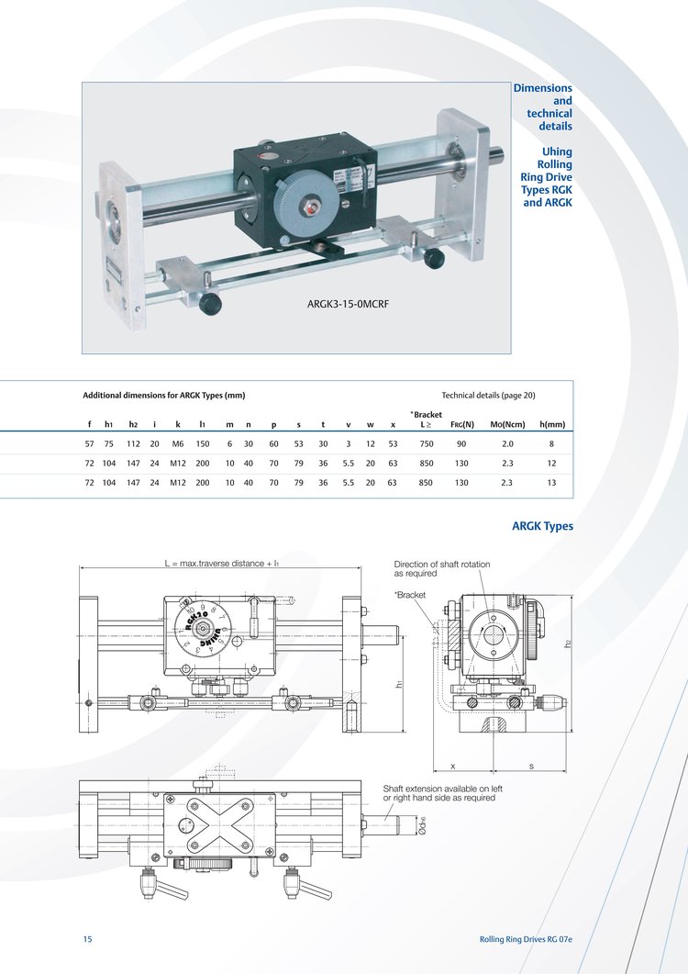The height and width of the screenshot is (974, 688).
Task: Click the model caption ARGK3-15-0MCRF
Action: click(348, 305)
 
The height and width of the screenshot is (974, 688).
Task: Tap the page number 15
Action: click(87, 938)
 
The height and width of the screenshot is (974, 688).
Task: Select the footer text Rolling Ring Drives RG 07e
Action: click(526, 939)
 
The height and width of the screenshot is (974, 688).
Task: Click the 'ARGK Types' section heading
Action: click(542, 526)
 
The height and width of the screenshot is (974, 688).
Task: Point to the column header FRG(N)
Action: click(462, 425)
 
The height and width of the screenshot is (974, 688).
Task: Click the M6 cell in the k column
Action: click(178, 444)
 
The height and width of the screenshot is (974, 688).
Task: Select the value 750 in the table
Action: click(426, 444)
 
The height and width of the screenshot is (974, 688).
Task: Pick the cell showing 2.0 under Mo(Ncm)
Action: click(507, 444)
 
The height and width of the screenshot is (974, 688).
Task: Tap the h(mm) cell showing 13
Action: click(551, 483)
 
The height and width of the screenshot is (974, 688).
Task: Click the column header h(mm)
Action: click(552, 425)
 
